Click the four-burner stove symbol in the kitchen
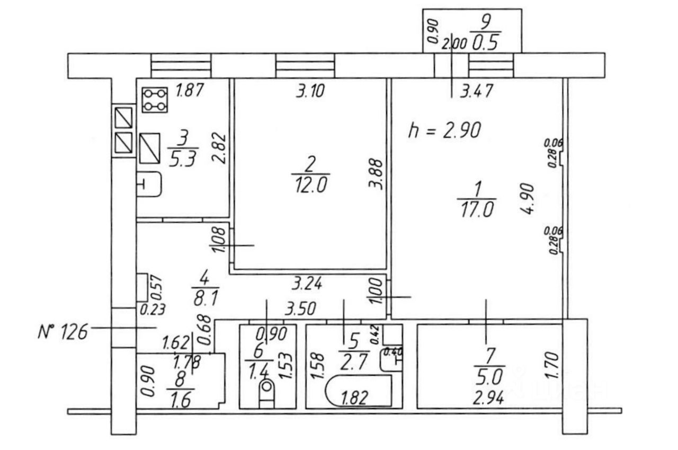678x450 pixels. coord(155,100)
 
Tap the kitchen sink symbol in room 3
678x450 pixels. coord(149,184)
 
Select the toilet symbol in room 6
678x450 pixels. coord(266,393)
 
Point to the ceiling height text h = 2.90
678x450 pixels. coord(444,130)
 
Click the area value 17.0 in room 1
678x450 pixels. coord(476,209)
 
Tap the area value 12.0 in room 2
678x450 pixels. coord(310,186)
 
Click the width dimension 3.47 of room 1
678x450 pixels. coord(476,91)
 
